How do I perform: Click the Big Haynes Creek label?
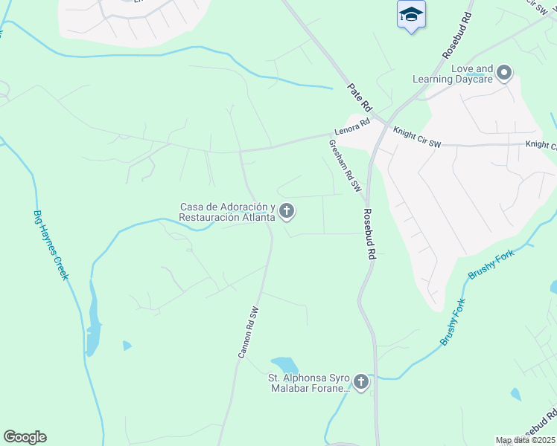tap(51, 245)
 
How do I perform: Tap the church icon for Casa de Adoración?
tap(286, 213)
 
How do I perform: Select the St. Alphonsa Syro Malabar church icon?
tap(361, 383)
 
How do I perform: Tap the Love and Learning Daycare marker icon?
tap(505, 72)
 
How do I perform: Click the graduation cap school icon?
tap(410, 15)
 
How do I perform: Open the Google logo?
tap(25, 437)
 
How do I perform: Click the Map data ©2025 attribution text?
tap(525, 440)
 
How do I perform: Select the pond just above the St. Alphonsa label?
tap(284, 365)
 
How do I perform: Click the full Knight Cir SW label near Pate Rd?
tap(417, 137)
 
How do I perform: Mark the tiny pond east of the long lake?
tap(127, 346)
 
